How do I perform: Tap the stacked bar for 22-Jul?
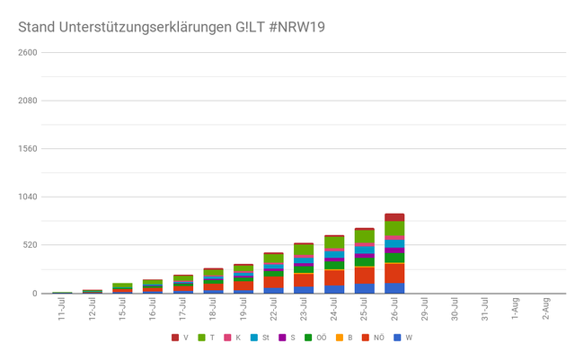coord(274,274)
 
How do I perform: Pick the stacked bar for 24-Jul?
coord(334,265)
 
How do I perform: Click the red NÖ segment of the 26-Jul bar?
coord(394,273)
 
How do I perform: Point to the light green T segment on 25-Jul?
coord(364,237)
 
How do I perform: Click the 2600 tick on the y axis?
coord(27,52)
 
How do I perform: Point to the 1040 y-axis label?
coord(27,197)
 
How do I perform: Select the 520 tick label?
coord(30,245)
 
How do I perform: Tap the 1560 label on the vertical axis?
coord(27,148)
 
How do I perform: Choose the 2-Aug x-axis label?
coord(544,310)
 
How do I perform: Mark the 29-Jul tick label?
coord(424,310)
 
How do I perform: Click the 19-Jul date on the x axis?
coord(243,310)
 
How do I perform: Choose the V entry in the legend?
coord(180,338)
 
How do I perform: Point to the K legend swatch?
coord(228,338)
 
